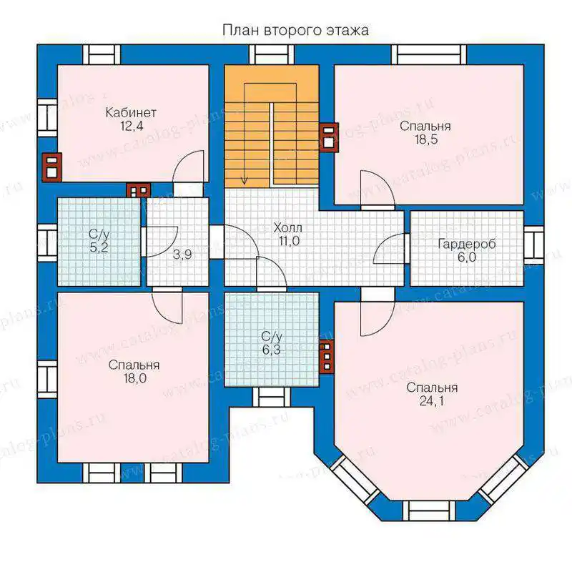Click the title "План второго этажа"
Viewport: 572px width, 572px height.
295,30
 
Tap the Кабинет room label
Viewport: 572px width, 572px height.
131,112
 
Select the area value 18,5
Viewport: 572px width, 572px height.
425,139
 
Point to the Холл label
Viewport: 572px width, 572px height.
288,228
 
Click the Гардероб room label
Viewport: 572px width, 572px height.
467,244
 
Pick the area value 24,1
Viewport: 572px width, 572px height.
432,401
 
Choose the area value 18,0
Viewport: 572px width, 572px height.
134,378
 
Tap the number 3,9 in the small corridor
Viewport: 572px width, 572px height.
182,255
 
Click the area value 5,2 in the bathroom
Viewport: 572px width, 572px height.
99,247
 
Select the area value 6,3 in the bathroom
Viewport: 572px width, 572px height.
272,350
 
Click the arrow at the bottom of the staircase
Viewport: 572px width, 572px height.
245,180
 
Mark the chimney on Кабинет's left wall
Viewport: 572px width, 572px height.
52,167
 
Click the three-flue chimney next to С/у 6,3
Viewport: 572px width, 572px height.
327,357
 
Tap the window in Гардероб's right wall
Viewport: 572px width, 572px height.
534,244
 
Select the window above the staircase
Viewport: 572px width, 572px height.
272,55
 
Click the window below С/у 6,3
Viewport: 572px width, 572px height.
272,398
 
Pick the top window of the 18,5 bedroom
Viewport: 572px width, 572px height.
429,55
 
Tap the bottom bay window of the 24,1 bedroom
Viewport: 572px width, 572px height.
429,511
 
